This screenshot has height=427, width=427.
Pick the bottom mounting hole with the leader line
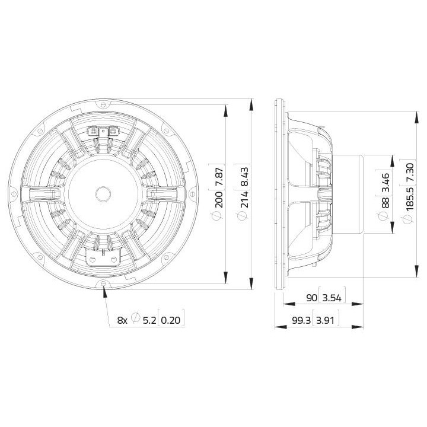(x=104, y=284)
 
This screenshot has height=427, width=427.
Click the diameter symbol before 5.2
(x=136, y=320)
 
